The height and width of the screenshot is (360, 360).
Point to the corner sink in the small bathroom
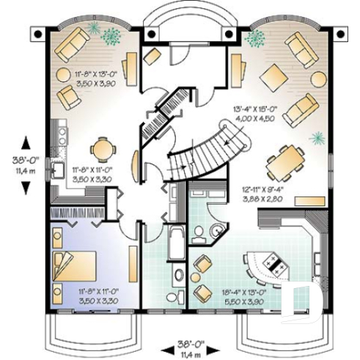click(x=218, y=231)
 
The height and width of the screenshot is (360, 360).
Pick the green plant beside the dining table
click(x=317, y=137)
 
